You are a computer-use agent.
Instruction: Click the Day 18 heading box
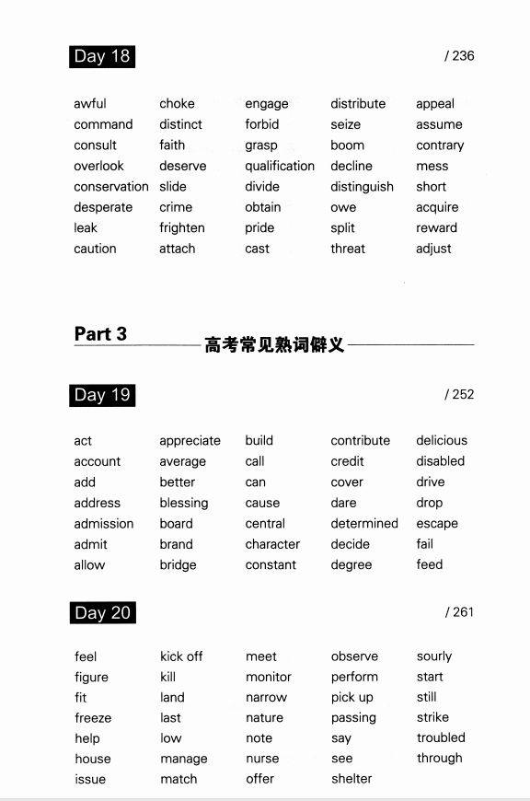pyautogui.click(x=102, y=56)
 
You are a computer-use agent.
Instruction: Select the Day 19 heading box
pyautogui.click(x=102, y=395)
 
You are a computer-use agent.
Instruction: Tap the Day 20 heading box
pyautogui.click(x=102, y=612)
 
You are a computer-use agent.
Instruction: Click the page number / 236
pyautogui.click(x=459, y=56)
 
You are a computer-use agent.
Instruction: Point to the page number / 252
pyautogui.click(x=459, y=394)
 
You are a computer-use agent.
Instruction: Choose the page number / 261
pyautogui.click(x=459, y=611)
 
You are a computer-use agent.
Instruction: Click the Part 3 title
pyautogui.click(x=100, y=334)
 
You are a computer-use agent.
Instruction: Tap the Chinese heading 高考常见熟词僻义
pyautogui.click(x=274, y=345)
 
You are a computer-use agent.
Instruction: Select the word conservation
pyautogui.click(x=111, y=187)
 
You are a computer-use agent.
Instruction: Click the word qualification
pyautogui.click(x=280, y=166)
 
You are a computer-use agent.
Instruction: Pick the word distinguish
pyautogui.click(x=362, y=187)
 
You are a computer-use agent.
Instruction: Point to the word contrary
pyautogui.click(x=440, y=145)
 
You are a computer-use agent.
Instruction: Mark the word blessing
pyautogui.click(x=184, y=503)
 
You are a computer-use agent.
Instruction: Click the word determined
pyautogui.click(x=364, y=523)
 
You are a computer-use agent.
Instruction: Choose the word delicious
pyautogui.click(x=442, y=440)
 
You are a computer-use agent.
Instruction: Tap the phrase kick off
pyautogui.click(x=181, y=656)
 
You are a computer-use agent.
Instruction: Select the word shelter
pyautogui.click(x=351, y=779)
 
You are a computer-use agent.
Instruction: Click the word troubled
pyautogui.click(x=441, y=737)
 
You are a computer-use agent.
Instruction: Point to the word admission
pyautogui.click(x=104, y=523)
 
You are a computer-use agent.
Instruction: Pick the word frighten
pyautogui.click(x=182, y=227)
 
